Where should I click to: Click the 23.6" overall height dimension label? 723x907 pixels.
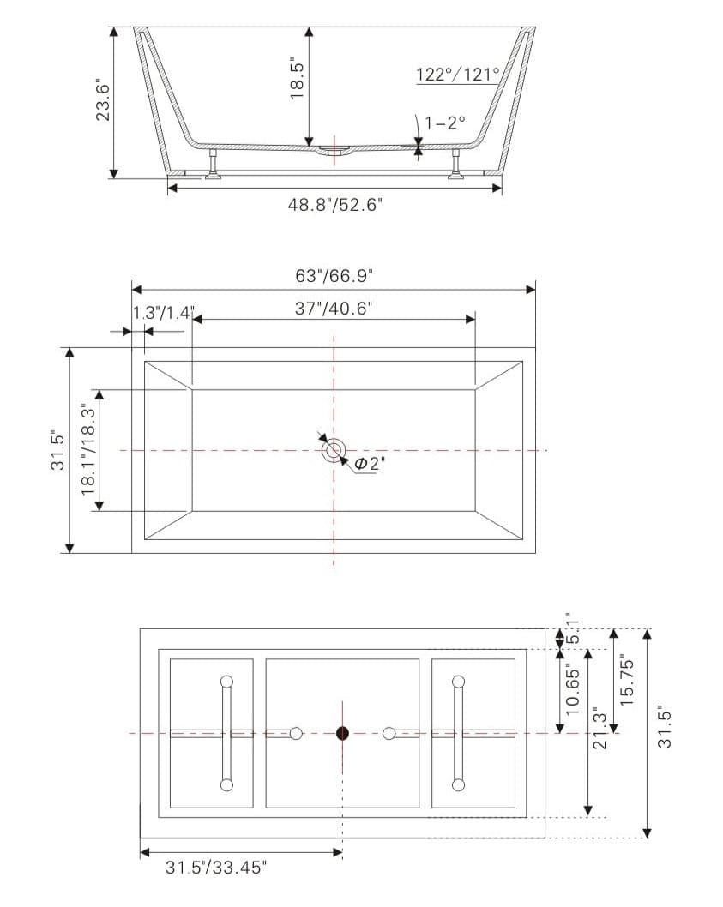tap(102, 101)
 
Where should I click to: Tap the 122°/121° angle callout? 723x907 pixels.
tap(457, 75)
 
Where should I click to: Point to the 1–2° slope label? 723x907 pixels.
tap(445, 122)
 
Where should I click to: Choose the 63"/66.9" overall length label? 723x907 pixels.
tap(334, 276)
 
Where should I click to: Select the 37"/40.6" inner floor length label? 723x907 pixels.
tap(334, 309)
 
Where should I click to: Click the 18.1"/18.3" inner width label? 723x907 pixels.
tap(87, 450)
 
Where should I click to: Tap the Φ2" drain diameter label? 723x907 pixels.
tap(370, 464)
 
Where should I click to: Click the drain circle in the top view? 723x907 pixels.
tap(334, 449)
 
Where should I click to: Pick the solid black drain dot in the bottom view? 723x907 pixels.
tap(342, 733)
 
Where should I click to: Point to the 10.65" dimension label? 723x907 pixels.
tap(574, 690)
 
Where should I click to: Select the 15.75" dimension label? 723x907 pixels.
tap(626, 681)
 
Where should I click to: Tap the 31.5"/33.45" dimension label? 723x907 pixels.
tap(216, 868)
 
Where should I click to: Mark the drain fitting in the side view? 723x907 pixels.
tap(334, 153)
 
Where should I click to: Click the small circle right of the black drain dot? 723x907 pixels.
tap(389, 733)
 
